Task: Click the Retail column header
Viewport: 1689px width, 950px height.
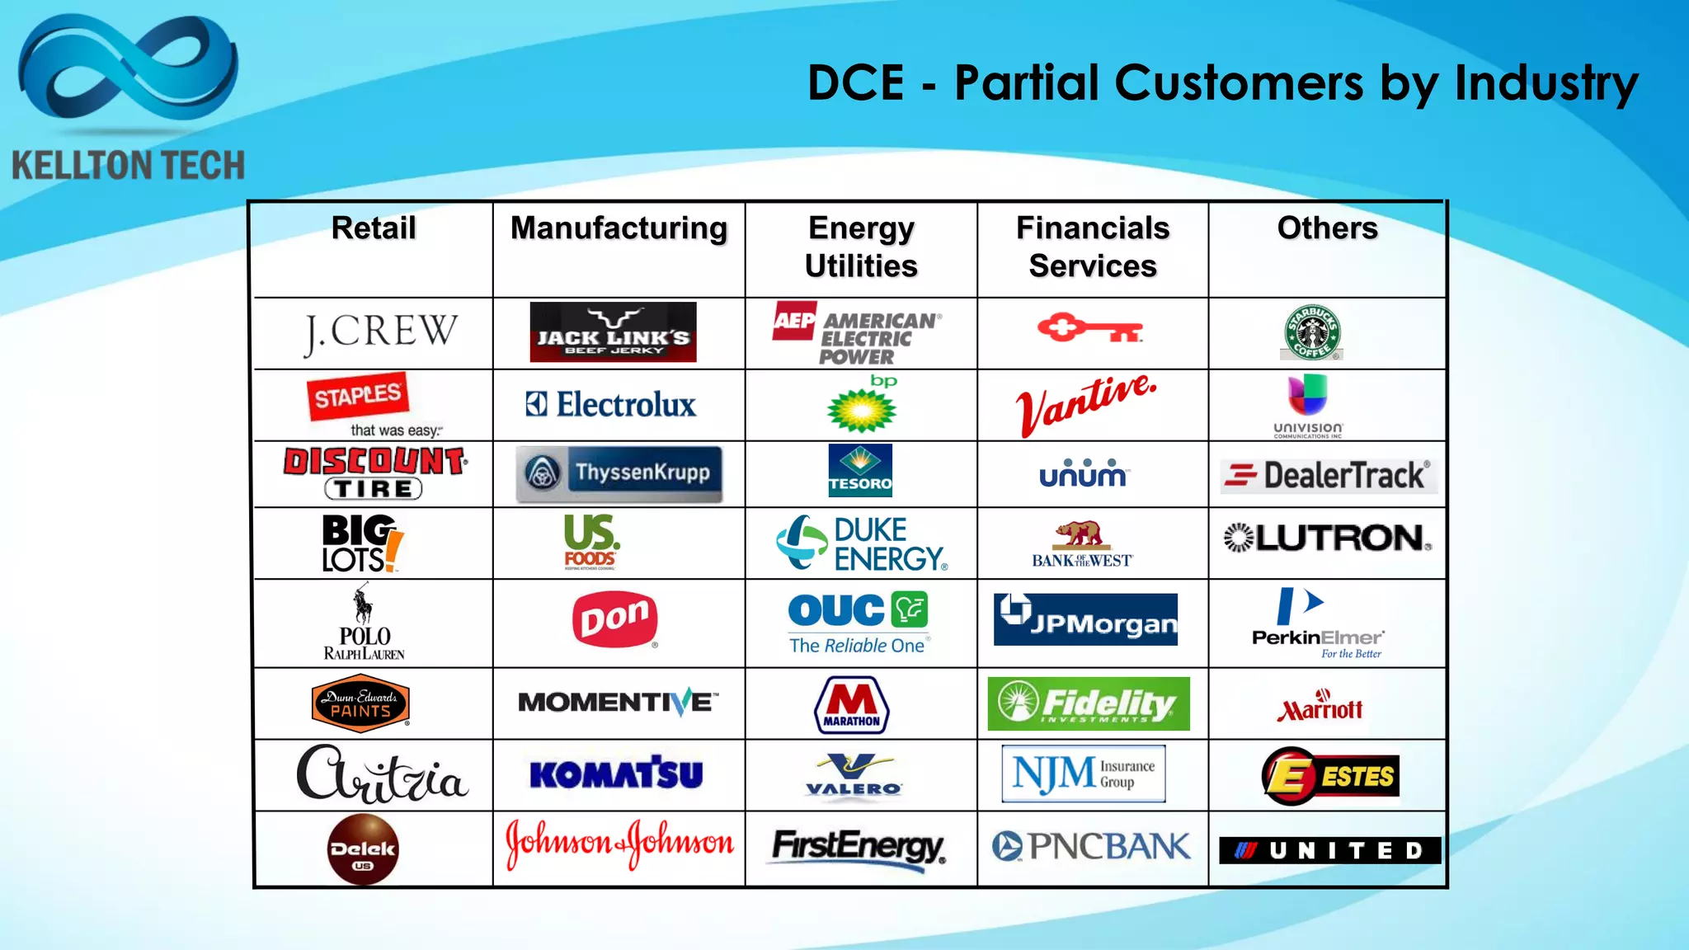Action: point(374,228)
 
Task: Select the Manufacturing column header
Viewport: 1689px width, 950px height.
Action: point(619,228)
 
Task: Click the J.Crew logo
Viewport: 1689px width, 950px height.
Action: point(380,332)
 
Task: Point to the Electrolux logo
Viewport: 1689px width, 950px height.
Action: point(611,404)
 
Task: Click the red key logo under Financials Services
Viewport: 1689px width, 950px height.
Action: point(1089,329)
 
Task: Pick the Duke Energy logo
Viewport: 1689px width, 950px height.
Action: point(862,543)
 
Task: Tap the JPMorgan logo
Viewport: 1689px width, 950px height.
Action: point(1085,619)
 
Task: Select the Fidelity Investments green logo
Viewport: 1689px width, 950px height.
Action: point(1089,703)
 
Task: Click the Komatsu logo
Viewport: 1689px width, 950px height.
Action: point(616,774)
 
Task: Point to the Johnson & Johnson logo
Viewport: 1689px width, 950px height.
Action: point(619,844)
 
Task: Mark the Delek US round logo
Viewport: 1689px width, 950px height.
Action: point(363,849)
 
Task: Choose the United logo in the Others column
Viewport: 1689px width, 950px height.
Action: point(1329,850)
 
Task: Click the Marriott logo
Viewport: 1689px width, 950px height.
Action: point(1320,706)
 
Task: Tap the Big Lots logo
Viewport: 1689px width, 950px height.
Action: point(362,543)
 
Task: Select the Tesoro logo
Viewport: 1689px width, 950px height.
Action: point(860,471)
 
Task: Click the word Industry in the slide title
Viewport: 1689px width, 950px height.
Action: point(1546,83)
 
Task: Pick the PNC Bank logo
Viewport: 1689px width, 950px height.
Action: point(1090,846)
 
